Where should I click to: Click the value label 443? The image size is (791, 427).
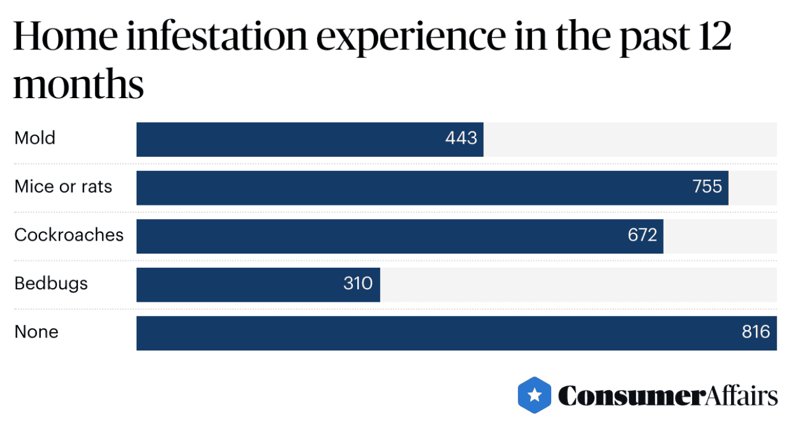(461, 138)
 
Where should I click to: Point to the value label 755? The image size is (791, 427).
(707, 187)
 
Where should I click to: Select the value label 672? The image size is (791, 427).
(642, 235)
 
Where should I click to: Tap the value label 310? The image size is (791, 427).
(358, 284)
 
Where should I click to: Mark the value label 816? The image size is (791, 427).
(756, 333)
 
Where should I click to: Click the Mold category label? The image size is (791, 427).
(35, 138)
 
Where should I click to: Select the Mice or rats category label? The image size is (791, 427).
(63, 187)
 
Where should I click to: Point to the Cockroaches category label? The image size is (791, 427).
(69, 235)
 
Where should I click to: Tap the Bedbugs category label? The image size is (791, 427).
(51, 284)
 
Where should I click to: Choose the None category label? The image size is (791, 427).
(36, 333)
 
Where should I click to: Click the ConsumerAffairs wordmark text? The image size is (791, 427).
(667, 396)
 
